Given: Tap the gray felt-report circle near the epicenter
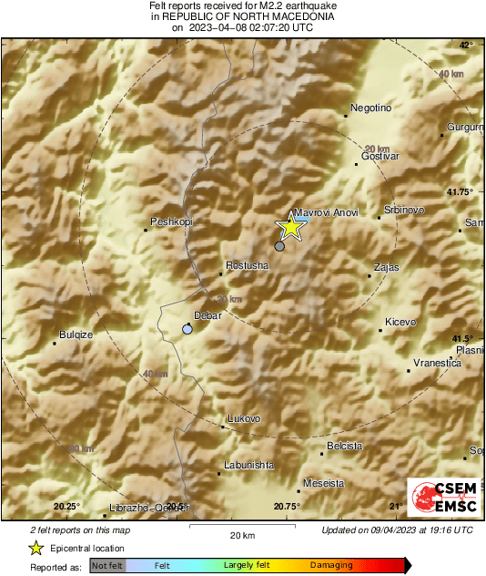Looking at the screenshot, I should pos(279,246).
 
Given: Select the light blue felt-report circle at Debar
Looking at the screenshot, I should pos(188,329).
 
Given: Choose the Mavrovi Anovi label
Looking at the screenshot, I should pos(326,212).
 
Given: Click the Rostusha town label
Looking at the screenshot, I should pos(248,265).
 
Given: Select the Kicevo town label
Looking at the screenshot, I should pos(400,322).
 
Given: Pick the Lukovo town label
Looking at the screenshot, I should pos(244,418).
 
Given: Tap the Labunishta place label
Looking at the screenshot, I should pos(248,465).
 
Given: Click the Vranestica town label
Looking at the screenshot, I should pos(437,363).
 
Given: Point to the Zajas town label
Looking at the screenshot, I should pos(387,267).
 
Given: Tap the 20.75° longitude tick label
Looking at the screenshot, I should pos(287,507).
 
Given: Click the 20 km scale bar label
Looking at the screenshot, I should pos(241,535).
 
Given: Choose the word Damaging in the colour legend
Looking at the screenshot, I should pos(332,565).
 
